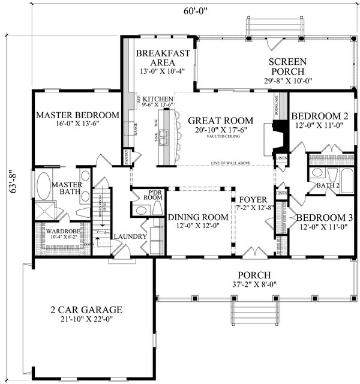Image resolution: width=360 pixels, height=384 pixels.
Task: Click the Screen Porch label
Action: click(287, 67)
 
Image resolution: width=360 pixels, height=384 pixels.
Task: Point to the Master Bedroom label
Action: click(77, 115)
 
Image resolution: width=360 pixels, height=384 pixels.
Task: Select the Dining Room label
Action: click(197, 217)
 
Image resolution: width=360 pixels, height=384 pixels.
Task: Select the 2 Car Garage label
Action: click(86, 310)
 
